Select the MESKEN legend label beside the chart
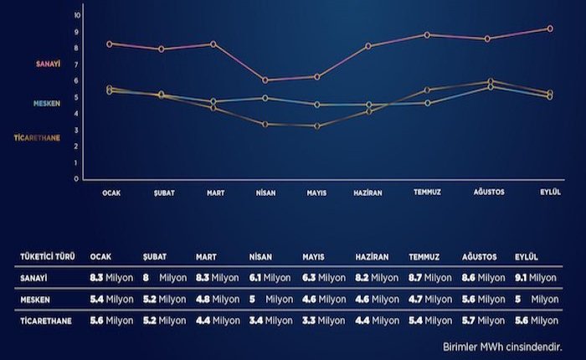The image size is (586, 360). pyautogui.click(x=48, y=104)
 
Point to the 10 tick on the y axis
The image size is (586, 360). pyautogui.click(x=77, y=16)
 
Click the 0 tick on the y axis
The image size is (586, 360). pyautogui.click(x=77, y=178)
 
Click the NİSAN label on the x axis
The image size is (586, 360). pyautogui.click(x=265, y=192)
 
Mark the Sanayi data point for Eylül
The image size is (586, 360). pyautogui.click(x=550, y=28)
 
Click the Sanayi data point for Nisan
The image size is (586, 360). pyautogui.click(x=265, y=80)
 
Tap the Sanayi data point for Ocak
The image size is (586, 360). pyautogui.click(x=110, y=44)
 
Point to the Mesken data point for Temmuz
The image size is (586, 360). pyautogui.click(x=427, y=103)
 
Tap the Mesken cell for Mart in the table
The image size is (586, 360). pyautogui.click(x=217, y=299)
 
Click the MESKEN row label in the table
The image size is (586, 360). pyautogui.click(x=34, y=299)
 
